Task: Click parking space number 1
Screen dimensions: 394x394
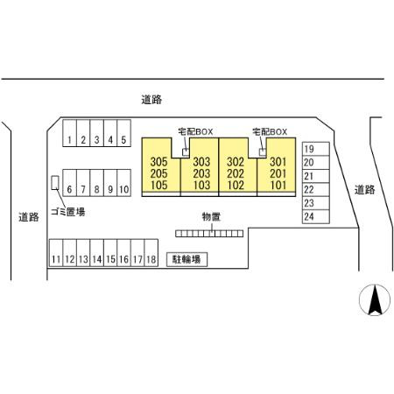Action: point(69,133)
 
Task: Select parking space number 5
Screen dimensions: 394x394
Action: point(123,133)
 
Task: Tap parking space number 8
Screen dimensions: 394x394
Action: point(97,183)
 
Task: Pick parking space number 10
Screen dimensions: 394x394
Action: point(123,183)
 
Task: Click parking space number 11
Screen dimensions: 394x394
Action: point(56,253)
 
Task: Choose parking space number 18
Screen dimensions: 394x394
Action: point(151,253)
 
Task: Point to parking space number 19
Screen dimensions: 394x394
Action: point(316,149)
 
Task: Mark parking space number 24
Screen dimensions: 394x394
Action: point(316,217)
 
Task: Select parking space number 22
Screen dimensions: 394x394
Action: point(316,190)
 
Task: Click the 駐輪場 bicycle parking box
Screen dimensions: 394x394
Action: point(186,259)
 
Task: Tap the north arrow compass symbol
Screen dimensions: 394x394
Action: point(375,300)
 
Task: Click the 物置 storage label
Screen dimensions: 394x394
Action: point(211,217)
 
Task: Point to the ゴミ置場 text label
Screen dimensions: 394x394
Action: point(68,212)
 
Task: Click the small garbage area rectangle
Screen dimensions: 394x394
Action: point(55,183)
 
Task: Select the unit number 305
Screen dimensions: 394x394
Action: point(159,162)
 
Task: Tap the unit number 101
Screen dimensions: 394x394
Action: point(278,185)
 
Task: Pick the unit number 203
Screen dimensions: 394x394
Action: point(201,173)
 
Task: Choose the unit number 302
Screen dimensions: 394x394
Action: point(236,162)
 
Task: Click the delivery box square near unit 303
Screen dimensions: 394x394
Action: point(186,152)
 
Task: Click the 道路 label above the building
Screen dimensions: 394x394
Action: point(151,100)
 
